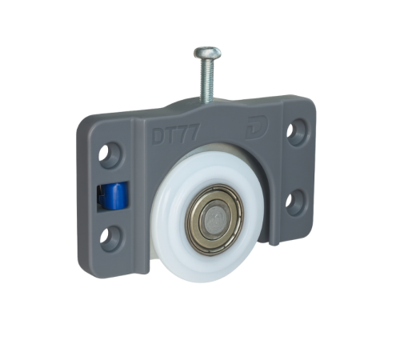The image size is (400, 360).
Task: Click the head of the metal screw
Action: [x=207, y=53]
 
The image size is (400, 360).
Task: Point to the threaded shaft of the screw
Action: [x=207, y=80]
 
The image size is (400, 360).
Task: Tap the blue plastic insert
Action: [x=115, y=195]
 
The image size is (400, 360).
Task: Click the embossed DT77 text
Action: [x=176, y=134]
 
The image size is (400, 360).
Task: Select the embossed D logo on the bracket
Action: [x=257, y=127]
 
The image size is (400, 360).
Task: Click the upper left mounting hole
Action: [x=110, y=155]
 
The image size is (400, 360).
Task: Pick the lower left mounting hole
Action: [x=110, y=238]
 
